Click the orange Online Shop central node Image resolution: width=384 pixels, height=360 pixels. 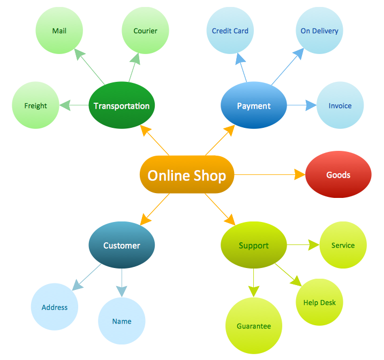click(187, 175)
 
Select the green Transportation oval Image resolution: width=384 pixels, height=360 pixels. click(122, 105)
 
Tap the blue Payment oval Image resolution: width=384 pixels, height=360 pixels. click(254, 105)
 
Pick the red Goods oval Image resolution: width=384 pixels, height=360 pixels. click(338, 175)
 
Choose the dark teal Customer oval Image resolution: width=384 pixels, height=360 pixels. click(122, 245)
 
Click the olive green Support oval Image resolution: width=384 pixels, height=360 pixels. click(254, 245)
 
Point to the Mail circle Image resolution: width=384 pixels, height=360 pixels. click(59, 30)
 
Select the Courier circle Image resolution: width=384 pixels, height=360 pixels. click(146, 30)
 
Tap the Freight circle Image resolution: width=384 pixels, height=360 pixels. click(36, 105)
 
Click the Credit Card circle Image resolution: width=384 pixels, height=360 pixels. click(230, 30)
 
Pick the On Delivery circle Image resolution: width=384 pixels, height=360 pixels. click(319, 30)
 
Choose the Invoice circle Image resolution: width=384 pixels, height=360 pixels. click(340, 105)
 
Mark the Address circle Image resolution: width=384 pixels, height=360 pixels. click(55, 307)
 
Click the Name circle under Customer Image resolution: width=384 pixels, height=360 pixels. click(122, 321)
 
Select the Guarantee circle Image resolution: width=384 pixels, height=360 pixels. click(254, 326)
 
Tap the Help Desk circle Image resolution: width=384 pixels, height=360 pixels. click(319, 302)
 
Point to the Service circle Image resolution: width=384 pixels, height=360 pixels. click(343, 245)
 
